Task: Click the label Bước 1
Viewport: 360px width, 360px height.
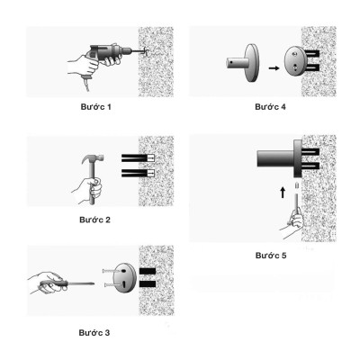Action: [96, 107]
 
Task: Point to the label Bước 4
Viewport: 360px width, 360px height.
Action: [270, 107]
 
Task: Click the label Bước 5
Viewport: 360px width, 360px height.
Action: [269, 256]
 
